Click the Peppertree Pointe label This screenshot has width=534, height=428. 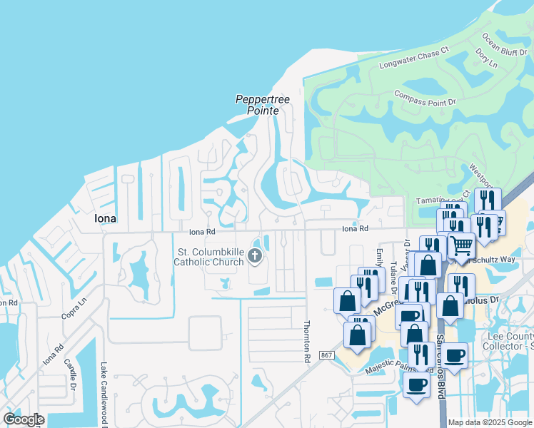click(263, 105)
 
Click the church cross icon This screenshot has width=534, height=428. click(255, 256)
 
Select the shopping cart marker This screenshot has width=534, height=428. click(461, 246)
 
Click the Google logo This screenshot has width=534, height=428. click(24, 419)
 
